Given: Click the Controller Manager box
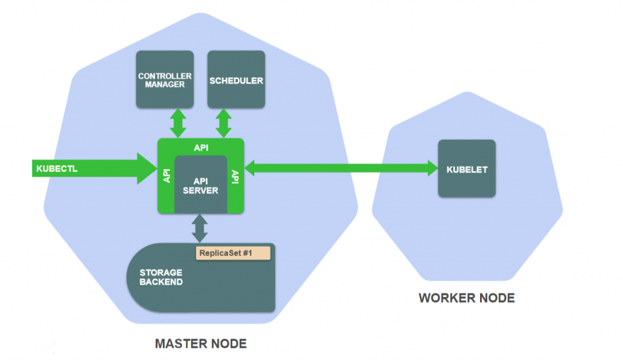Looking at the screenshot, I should click(x=164, y=79).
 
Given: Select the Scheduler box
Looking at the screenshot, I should click(x=236, y=79).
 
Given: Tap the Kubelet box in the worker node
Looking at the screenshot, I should click(x=467, y=168).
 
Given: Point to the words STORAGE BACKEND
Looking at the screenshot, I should click(x=161, y=277).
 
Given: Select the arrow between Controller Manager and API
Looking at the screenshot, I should click(x=178, y=123).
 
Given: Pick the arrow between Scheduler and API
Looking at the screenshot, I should click(x=224, y=123).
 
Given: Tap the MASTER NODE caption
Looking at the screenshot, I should click(x=201, y=344).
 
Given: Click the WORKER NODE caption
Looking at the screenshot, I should click(x=467, y=298).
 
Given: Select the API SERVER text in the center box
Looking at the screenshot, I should click(x=201, y=185).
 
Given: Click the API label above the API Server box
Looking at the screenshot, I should click(x=201, y=147).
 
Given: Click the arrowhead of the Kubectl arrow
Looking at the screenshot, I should click(x=147, y=168).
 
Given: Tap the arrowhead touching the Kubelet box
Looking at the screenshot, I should click(x=432, y=168).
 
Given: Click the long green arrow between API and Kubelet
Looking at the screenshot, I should click(x=341, y=168).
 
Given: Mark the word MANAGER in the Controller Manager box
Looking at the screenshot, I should click(x=164, y=85).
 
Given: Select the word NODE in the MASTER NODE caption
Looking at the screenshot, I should click(x=225, y=344).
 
